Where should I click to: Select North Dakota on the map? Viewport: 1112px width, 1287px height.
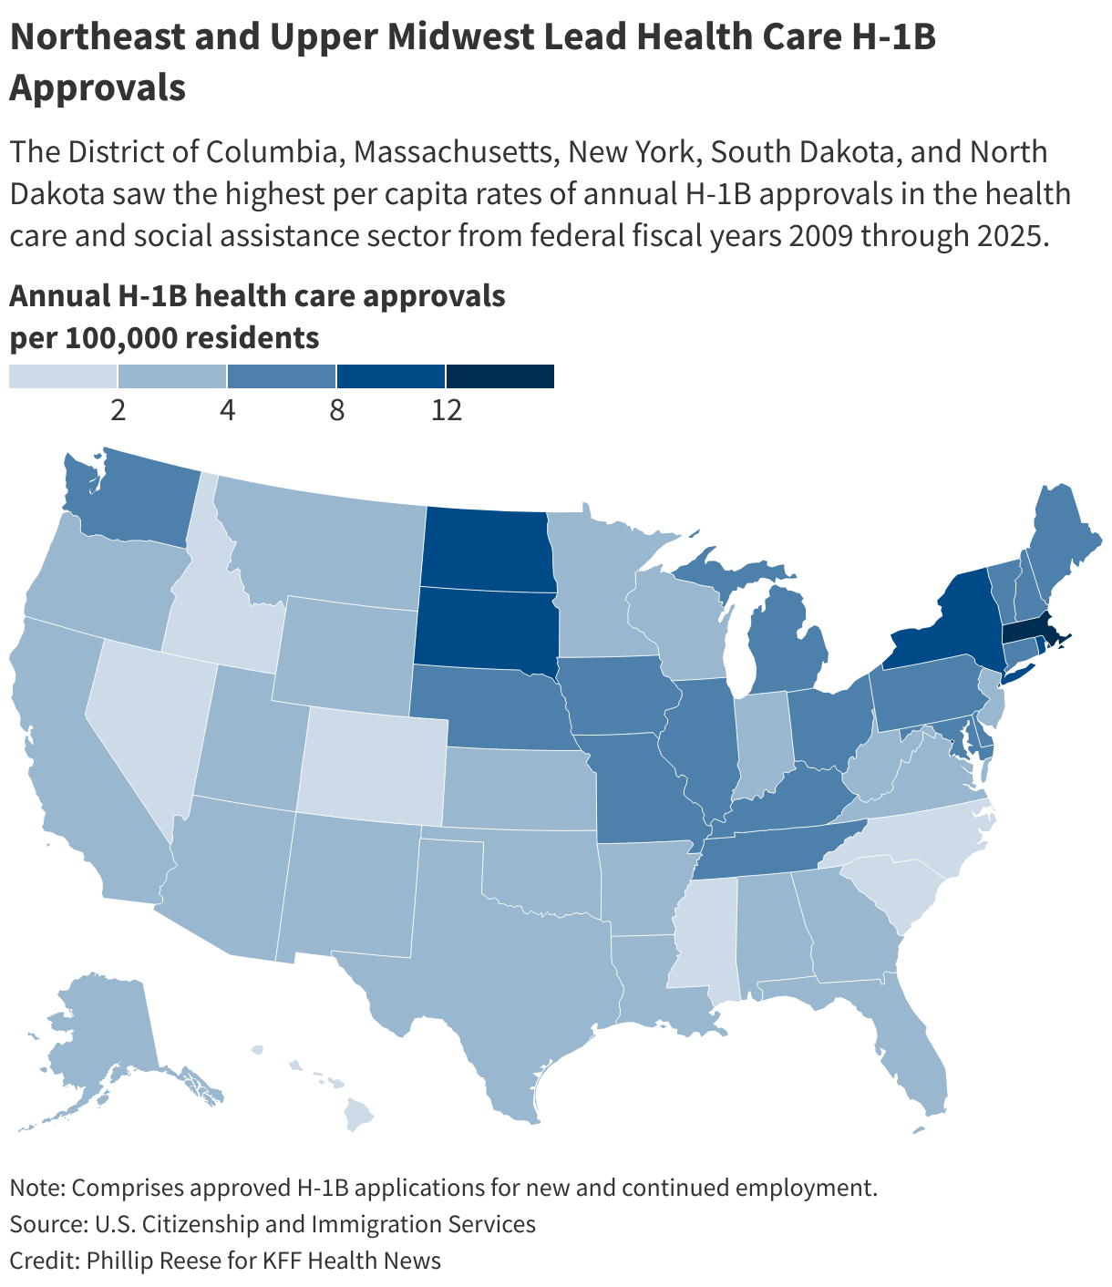click(486, 547)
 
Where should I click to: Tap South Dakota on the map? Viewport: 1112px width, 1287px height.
click(483, 627)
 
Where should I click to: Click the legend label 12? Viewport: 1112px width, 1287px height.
click(447, 411)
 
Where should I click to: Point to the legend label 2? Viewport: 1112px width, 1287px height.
click(118, 411)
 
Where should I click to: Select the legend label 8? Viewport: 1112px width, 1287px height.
click(337, 411)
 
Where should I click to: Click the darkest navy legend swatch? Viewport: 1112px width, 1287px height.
click(500, 376)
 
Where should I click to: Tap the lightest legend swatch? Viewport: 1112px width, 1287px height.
click(63, 376)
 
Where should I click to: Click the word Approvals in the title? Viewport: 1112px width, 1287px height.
click(98, 88)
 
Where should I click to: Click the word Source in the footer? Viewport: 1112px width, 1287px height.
click(46, 1223)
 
